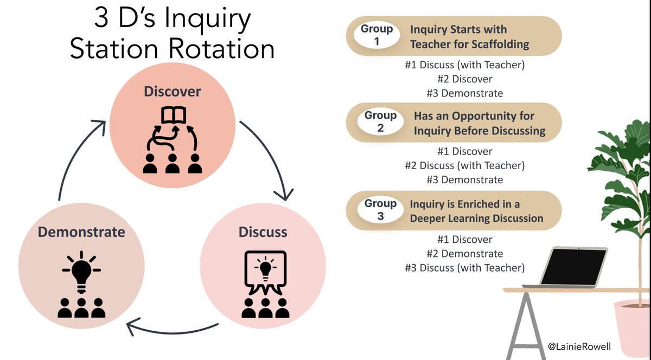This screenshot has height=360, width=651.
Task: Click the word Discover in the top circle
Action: (172, 92)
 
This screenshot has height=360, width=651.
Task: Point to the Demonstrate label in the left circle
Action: (81, 232)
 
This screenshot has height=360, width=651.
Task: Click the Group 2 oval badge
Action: (380, 122)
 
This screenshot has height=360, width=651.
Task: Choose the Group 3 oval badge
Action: (380, 210)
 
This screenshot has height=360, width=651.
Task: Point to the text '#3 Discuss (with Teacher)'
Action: (464, 267)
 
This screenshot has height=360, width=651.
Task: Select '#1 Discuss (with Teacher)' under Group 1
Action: (464, 65)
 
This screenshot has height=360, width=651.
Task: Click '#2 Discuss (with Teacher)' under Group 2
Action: (464, 165)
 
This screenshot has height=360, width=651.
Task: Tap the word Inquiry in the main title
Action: (209, 20)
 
